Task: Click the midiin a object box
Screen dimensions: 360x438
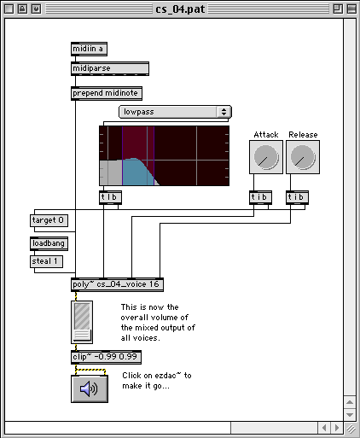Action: pyautogui.click(x=89, y=49)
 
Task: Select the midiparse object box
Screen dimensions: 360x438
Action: pyautogui.click(x=110, y=68)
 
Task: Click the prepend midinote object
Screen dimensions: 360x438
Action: pyautogui.click(x=107, y=93)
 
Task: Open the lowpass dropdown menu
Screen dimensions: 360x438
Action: pyautogui.click(x=175, y=112)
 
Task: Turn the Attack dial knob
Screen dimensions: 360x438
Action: pyautogui.click(x=266, y=157)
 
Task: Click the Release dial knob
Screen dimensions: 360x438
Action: pyautogui.click(x=303, y=157)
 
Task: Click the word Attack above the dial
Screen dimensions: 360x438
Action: pyautogui.click(x=266, y=135)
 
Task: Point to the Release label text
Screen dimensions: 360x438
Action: pyautogui.click(x=303, y=135)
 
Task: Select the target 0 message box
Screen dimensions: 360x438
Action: pyautogui.click(x=49, y=220)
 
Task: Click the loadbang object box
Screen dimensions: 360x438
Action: pyautogui.click(x=49, y=243)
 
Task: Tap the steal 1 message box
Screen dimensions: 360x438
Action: pyautogui.click(x=46, y=261)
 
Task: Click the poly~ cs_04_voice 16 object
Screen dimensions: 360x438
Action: pyautogui.click(x=117, y=284)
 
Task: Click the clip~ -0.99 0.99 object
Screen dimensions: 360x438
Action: pyautogui.click(x=106, y=357)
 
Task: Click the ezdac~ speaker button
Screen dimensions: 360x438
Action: pyautogui.click(x=90, y=388)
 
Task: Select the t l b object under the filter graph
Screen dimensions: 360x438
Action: pyautogui.click(x=111, y=197)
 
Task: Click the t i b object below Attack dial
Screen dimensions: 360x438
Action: pyautogui.click(x=260, y=197)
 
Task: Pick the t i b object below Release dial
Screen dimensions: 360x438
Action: pyautogui.click(x=297, y=197)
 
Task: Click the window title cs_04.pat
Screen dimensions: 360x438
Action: pyautogui.click(x=180, y=9)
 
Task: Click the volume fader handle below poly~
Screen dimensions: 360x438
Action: pyautogui.click(x=82, y=335)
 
